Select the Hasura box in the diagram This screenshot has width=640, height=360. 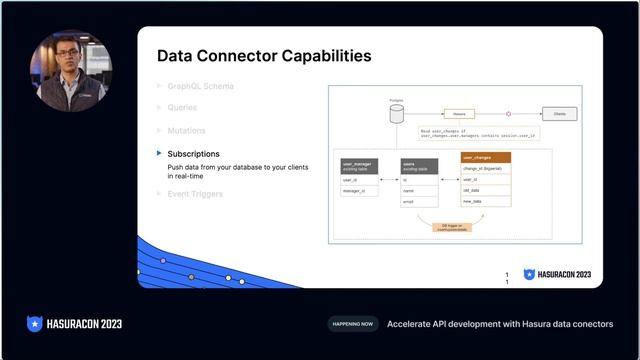[459, 114]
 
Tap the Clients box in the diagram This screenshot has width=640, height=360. [558, 114]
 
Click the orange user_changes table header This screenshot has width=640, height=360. [486, 157]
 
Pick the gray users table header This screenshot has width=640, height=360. [418, 164]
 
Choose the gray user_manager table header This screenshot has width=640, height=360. [359, 164]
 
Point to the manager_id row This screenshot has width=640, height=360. [359, 190]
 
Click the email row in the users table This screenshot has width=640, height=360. [418, 201]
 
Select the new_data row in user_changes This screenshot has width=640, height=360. [486, 203]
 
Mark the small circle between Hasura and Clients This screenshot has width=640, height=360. [508, 114]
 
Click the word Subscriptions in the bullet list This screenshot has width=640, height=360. [194, 153]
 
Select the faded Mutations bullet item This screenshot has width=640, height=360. [187, 130]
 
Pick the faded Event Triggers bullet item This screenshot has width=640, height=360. [195, 193]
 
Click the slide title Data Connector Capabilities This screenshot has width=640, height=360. [264, 56]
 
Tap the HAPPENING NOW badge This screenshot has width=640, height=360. [352, 324]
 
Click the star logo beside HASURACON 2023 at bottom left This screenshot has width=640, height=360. [34, 324]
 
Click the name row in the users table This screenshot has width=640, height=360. [418, 190]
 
